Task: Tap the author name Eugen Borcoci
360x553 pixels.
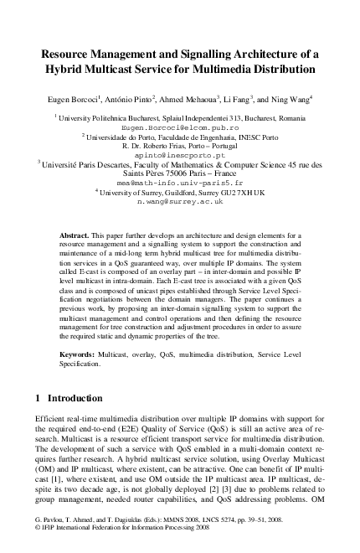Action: [x=75, y=97]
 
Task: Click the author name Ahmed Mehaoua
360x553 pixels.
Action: [x=191, y=97]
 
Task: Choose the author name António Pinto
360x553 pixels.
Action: [x=131, y=97]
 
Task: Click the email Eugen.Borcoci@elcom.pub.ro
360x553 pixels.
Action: [x=180, y=128]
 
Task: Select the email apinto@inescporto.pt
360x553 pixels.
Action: [x=180, y=156]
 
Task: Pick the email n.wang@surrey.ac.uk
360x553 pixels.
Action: [x=180, y=201]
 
